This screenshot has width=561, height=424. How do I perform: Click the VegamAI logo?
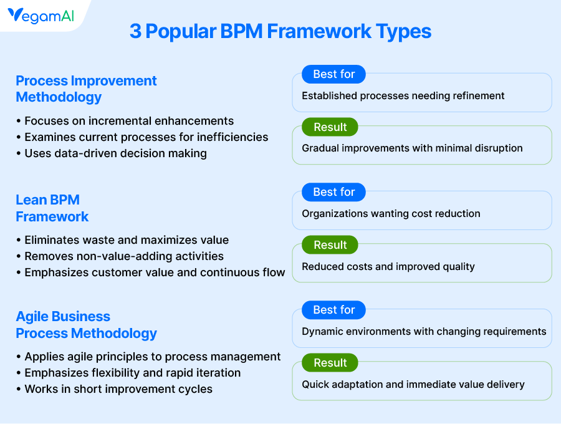tap(41, 16)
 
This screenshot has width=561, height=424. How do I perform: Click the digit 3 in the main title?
tap(135, 31)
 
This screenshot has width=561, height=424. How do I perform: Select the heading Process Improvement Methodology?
tap(86, 89)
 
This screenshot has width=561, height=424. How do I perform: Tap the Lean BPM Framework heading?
tap(52, 208)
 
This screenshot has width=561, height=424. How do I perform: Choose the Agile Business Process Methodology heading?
tap(86, 325)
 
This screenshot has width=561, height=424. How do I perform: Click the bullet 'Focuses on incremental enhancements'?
tap(125, 121)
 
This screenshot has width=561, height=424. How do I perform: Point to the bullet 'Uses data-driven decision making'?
tap(112, 153)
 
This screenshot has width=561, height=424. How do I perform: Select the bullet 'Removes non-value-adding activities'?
tap(120, 256)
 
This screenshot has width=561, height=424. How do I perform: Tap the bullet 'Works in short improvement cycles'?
tap(115, 389)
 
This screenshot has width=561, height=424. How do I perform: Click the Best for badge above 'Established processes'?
tap(334, 74)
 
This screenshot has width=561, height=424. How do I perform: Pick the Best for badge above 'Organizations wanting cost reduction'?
tap(334, 192)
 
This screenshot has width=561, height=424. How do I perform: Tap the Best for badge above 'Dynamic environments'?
tap(334, 310)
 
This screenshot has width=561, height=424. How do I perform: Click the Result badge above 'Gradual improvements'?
tap(330, 127)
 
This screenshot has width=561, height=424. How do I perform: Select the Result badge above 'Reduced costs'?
tap(330, 245)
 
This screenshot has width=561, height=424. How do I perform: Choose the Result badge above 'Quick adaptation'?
tap(330, 362)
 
